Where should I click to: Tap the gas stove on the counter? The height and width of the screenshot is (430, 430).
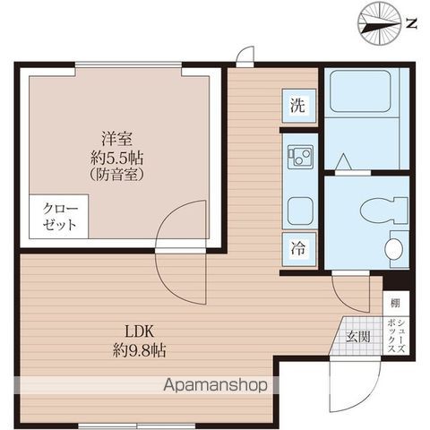(298, 159)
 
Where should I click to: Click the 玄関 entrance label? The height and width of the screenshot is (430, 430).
(357, 338)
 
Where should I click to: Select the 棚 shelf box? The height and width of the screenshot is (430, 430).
(394, 304)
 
